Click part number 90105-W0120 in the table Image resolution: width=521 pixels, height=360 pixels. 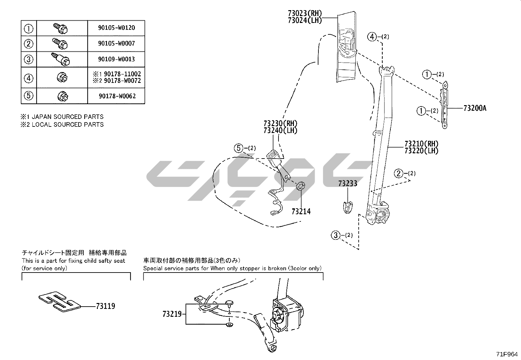pyautogui.click(x=116, y=28)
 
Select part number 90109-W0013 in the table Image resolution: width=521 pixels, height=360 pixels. pyautogui.click(x=116, y=59)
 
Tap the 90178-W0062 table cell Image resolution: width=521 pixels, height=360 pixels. pyautogui.click(x=116, y=96)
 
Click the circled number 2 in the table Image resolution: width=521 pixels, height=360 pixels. pyautogui.click(x=29, y=44)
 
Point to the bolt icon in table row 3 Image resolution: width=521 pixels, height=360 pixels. pyautogui.click(x=62, y=59)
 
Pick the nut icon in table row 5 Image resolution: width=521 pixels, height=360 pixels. pyautogui.click(x=62, y=96)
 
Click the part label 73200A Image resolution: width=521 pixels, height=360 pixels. pyautogui.click(x=475, y=108)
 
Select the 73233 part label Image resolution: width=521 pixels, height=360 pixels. pyautogui.click(x=348, y=183)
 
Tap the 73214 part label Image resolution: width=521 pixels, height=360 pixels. pyautogui.click(x=301, y=212)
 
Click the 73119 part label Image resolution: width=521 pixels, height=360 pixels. pyautogui.click(x=105, y=306)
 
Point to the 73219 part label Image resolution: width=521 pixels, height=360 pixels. pyautogui.click(x=172, y=314)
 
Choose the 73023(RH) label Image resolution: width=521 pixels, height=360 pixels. pyautogui.click(x=305, y=13)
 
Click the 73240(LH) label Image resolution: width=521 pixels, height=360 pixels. pyautogui.click(x=280, y=130)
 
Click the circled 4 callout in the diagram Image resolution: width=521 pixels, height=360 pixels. pyautogui.click(x=372, y=37)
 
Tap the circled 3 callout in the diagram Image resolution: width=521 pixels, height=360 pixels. pyautogui.click(x=336, y=235)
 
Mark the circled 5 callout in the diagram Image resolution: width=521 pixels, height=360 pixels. pyautogui.click(x=239, y=148)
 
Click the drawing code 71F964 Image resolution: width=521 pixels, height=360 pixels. pyautogui.click(x=507, y=354)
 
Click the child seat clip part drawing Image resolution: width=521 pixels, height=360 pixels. pyautogui.click(x=59, y=300)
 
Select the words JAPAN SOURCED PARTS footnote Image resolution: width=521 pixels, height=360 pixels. pyautogui.click(x=67, y=117)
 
